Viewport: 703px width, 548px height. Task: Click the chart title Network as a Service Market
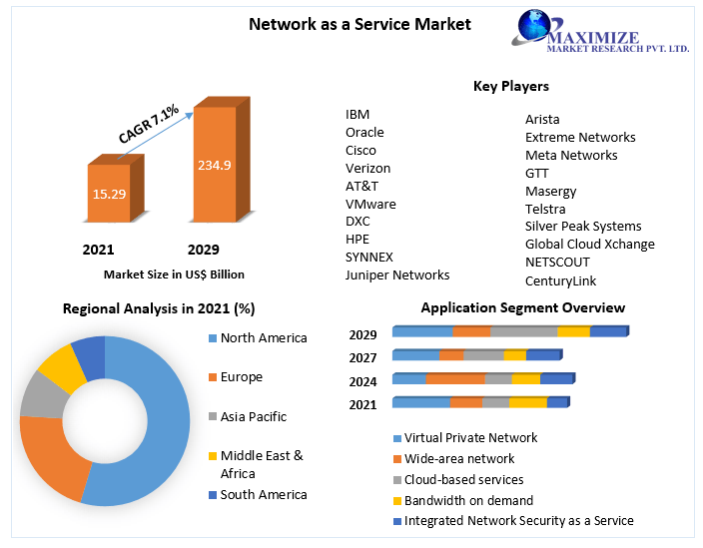pos(359,24)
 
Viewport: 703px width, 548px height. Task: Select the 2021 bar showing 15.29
pos(109,193)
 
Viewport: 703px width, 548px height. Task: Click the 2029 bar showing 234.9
pos(214,165)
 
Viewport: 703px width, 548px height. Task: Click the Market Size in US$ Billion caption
pos(174,274)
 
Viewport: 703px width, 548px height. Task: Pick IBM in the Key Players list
pos(357,115)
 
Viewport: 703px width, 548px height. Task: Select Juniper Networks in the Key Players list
pos(397,274)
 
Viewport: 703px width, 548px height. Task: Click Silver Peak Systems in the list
pos(583,227)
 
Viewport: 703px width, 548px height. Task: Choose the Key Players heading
pos(510,87)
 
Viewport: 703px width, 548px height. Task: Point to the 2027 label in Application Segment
pos(362,357)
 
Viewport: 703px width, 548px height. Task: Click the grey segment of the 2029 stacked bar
pos(523,331)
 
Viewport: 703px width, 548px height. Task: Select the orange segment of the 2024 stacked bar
pos(454,379)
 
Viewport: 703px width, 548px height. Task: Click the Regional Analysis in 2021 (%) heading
pos(159,308)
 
